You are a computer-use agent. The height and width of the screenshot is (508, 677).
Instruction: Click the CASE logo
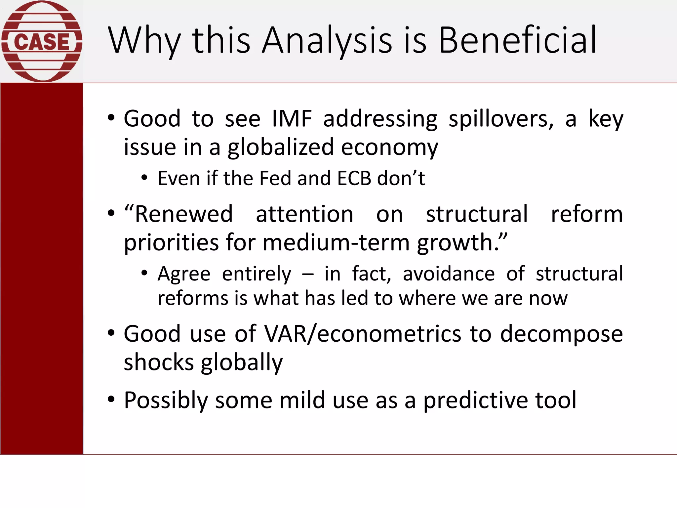click(x=42, y=41)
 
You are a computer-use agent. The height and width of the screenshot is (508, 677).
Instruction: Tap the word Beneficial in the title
click(x=517, y=40)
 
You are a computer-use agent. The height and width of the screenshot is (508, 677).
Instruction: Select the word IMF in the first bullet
click(x=292, y=119)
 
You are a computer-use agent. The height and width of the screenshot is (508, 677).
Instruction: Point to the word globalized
click(x=281, y=148)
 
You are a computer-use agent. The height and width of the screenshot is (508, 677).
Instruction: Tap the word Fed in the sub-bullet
click(x=275, y=179)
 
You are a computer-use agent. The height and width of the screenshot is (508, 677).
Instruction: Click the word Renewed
click(x=183, y=214)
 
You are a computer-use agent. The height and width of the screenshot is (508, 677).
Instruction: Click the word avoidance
click(x=449, y=274)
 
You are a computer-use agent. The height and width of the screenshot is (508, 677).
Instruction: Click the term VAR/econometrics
click(x=363, y=334)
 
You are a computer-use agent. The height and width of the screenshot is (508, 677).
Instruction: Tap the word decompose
click(x=561, y=334)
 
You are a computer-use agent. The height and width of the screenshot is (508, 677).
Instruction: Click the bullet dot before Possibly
click(x=111, y=400)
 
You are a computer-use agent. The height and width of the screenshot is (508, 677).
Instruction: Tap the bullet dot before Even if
click(x=144, y=178)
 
